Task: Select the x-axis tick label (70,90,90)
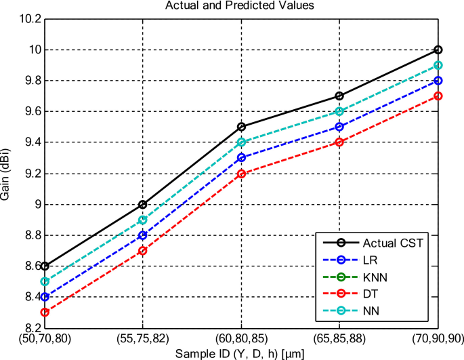coord(436,338)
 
